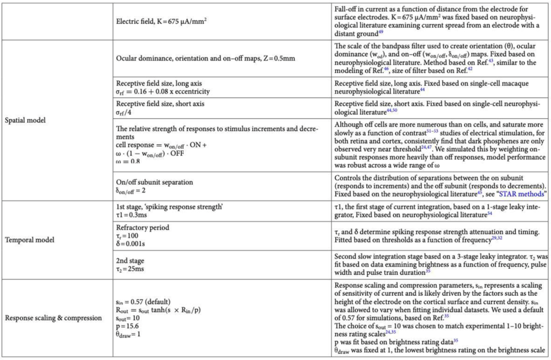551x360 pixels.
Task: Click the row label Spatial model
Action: [25, 120]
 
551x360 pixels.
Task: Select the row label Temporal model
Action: [29, 240]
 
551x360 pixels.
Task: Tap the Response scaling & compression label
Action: [53, 318]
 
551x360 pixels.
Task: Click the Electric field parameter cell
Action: [161, 21]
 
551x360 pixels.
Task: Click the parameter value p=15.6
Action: [128, 326]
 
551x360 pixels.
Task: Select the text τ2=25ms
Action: [130, 269]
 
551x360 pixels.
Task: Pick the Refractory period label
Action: [142, 228]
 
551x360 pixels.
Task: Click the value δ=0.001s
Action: [131, 244]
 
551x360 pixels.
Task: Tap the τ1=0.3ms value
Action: [131, 215]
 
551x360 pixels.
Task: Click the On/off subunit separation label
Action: [154, 182]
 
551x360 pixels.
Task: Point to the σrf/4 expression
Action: [124, 112]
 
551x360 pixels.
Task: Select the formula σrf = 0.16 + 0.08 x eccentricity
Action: [163, 92]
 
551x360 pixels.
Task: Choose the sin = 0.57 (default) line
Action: [143, 302]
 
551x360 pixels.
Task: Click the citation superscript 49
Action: [381, 32]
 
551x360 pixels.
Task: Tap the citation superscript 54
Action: [490, 213]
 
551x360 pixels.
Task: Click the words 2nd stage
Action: [130, 261]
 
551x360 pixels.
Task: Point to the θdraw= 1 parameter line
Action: [128, 334]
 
